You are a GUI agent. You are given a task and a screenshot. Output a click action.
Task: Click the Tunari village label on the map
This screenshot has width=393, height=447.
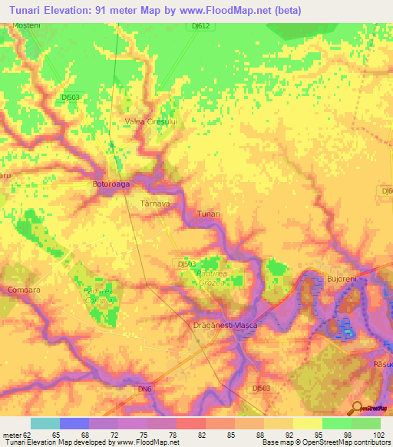tap(209, 214)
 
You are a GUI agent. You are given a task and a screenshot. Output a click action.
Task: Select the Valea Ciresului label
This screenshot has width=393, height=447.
tap(151, 121)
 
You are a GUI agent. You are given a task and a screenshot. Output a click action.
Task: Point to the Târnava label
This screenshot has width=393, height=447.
tap(154, 204)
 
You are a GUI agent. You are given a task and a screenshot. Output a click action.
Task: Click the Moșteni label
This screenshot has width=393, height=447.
tap(25, 26)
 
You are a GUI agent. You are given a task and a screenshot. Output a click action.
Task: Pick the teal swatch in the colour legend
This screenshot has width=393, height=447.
tap(45, 423)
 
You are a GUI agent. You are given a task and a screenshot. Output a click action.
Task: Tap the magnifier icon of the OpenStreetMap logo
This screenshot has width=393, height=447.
tap(355, 408)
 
